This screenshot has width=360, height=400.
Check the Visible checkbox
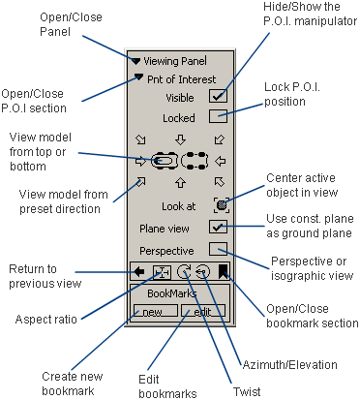[x=219, y=95]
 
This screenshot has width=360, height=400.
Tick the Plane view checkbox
[x=219, y=229]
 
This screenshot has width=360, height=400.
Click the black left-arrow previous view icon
[x=139, y=272]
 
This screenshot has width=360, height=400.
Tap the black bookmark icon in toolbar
[x=224, y=272]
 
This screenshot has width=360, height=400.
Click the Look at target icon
[x=220, y=204]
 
